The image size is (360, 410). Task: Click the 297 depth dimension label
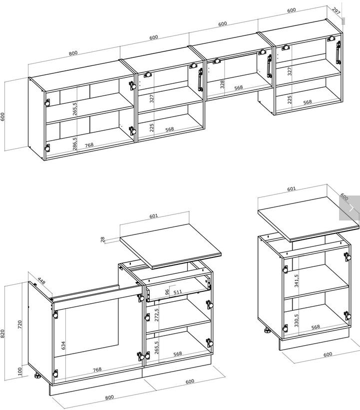tap(336, 10)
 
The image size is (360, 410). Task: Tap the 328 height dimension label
tap(222, 84)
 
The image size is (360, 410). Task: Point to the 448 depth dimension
tap(41, 281)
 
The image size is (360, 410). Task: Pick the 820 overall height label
tap(2, 333)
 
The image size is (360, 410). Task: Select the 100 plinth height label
tap(20, 371)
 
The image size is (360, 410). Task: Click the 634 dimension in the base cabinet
tap(63, 346)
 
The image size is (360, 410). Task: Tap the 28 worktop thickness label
tap(103, 239)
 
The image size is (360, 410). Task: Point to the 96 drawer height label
tap(167, 292)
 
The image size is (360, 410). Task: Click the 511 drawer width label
tap(178, 292)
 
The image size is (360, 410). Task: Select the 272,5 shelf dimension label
tap(157, 315)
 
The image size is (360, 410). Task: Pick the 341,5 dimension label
tap(297, 281)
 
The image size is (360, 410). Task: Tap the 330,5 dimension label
tap(297, 320)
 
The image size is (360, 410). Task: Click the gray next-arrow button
tap(350, 208)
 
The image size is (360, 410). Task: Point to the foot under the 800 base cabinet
tap(36, 376)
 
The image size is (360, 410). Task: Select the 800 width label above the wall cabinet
tap(73, 53)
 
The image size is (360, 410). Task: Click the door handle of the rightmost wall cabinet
tap(338, 52)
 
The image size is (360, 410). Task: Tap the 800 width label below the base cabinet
tap(109, 397)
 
